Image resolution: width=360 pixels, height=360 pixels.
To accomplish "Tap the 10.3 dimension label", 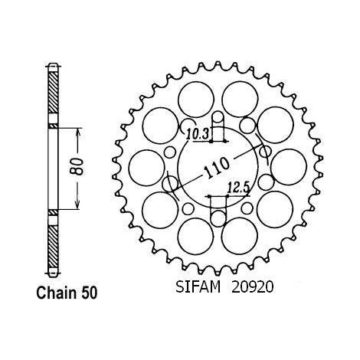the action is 198,134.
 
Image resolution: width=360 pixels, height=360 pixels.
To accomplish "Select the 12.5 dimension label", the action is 238,188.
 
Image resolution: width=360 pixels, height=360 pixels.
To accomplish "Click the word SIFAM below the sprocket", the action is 198,287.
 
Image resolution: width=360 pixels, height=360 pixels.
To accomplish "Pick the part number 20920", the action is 252,287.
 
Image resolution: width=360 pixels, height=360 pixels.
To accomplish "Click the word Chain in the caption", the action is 57,293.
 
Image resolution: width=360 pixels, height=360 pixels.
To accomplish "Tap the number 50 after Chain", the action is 89,293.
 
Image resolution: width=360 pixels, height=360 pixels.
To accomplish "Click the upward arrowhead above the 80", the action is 78,133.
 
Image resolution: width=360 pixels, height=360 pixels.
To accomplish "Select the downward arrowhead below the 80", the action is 78,204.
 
